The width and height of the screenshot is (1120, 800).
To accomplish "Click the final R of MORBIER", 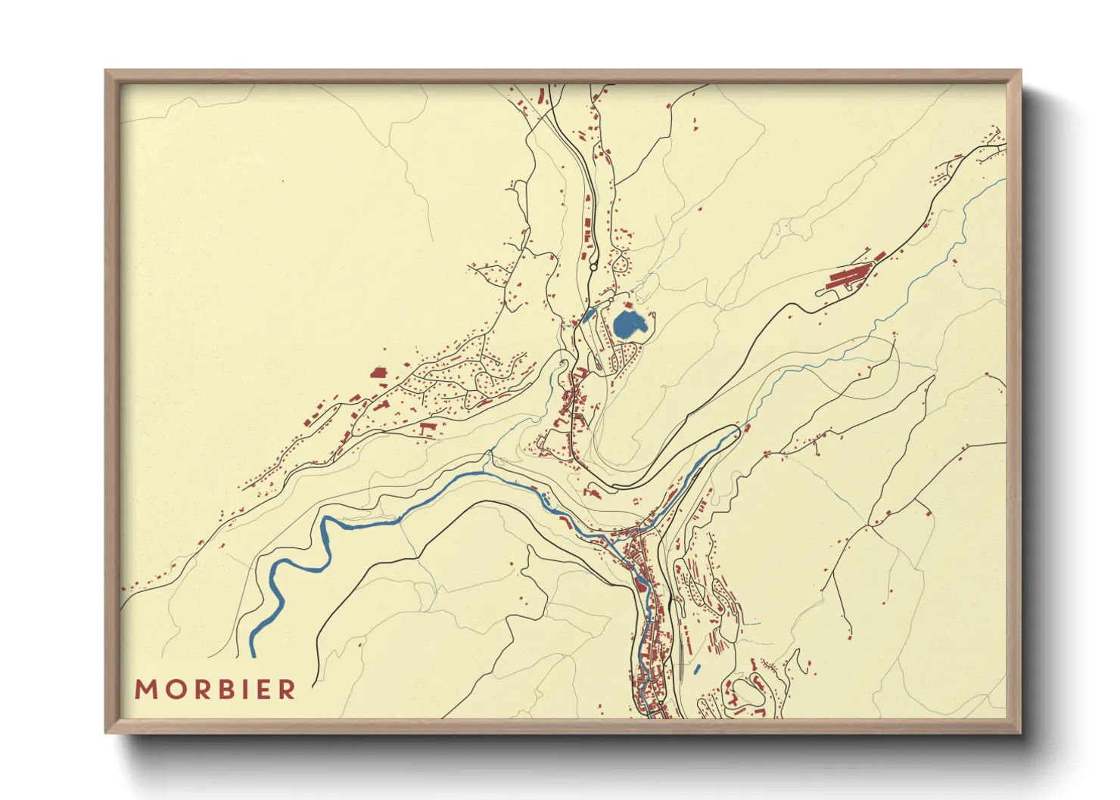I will [286, 690].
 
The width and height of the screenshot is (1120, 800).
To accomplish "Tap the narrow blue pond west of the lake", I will [588, 314].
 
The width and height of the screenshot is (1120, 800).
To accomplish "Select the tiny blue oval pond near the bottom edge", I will [697, 669].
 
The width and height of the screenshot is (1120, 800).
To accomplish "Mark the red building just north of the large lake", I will [628, 304].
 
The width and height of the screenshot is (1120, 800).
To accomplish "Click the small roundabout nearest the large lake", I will [593, 266].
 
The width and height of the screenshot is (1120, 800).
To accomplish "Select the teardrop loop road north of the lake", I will [622, 264].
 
